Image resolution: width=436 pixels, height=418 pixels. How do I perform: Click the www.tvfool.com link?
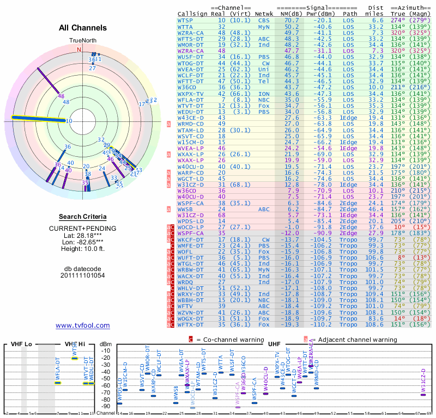(x=83, y=325)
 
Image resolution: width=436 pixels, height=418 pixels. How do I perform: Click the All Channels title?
(x=83, y=28)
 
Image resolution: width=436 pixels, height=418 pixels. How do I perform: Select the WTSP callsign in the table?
(x=185, y=20)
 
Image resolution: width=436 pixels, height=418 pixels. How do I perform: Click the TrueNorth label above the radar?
(x=82, y=41)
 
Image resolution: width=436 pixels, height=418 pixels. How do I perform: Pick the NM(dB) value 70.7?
(x=291, y=20)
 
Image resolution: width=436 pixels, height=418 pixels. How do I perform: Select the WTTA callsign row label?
(x=185, y=26)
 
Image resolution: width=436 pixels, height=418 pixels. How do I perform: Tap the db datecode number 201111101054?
(x=83, y=275)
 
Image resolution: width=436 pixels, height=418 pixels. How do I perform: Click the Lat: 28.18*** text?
(x=83, y=235)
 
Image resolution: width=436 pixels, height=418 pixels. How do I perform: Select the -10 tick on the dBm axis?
(x=105, y=351)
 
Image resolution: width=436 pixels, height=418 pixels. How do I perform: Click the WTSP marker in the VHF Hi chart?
(x=75, y=358)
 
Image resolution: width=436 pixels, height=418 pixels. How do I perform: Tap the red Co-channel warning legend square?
(x=191, y=339)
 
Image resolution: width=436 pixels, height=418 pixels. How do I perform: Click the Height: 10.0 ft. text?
(x=83, y=249)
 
